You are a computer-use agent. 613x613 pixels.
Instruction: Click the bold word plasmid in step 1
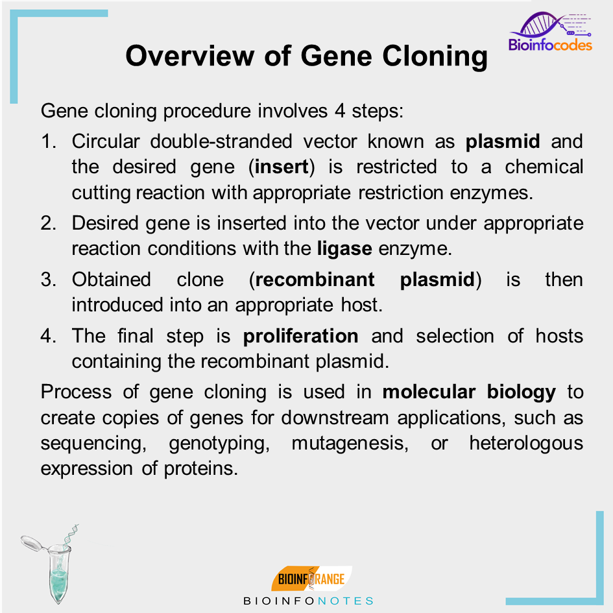click(x=502, y=141)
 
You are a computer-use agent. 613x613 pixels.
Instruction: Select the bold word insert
click(x=281, y=167)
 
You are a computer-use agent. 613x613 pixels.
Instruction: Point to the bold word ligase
click(x=344, y=248)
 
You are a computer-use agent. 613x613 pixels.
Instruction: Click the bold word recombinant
click(x=315, y=280)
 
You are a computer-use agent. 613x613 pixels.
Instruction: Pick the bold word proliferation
click(x=300, y=336)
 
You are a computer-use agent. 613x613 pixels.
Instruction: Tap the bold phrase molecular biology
click(x=469, y=392)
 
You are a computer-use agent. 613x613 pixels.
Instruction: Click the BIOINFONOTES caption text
click(x=308, y=601)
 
